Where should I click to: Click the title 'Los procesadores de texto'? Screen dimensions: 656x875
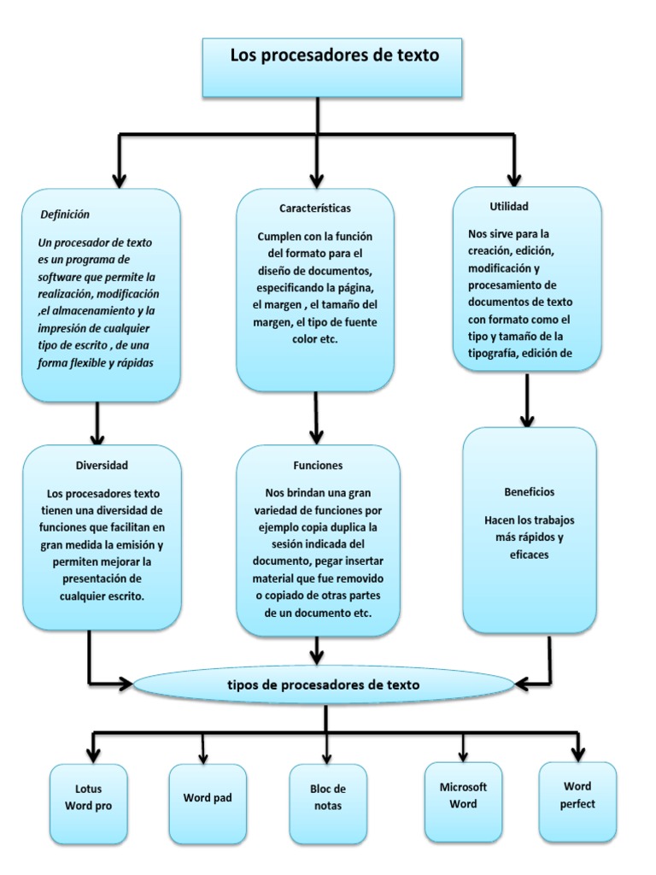pyautogui.click(x=335, y=56)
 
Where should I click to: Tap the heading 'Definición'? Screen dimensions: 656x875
pyautogui.click(x=65, y=214)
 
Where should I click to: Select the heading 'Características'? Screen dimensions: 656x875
pyautogui.click(x=315, y=208)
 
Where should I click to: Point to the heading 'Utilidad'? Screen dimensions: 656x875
pyautogui.click(x=509, y=207)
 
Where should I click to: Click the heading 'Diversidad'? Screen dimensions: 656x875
pyautogui.click(x=102, y=466)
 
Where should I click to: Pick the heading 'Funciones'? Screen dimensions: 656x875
pyautogui.click(x=318, y=466)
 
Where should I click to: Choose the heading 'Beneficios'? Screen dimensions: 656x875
pyautogui.click(x=530, y=491)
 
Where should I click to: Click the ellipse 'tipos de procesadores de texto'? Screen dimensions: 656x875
pyautogui.click(x=324, y=684)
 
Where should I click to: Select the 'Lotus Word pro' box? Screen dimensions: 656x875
pyautogui.click(x=88, y=804)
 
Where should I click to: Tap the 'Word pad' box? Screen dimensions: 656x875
pyautogui.click(x=208, y=804)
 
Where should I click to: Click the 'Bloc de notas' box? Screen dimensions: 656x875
pyautogui.click(x=328, y=804)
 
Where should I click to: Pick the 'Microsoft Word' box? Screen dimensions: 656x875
pyautogui.click(x=463, y=802)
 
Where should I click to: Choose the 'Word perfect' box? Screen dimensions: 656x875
pyautogui.click(x=578, y=802)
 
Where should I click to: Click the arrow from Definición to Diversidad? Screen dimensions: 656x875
pyautogui.click(x=97, y=424)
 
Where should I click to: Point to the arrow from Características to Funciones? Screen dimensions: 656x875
pyautogui.click(x=316, y=418)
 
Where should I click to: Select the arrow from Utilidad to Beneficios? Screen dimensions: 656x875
pyautogui.click(x=527, y=400)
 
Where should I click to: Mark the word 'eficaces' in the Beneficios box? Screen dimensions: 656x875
pyautogui.click(x=529, y=555)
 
